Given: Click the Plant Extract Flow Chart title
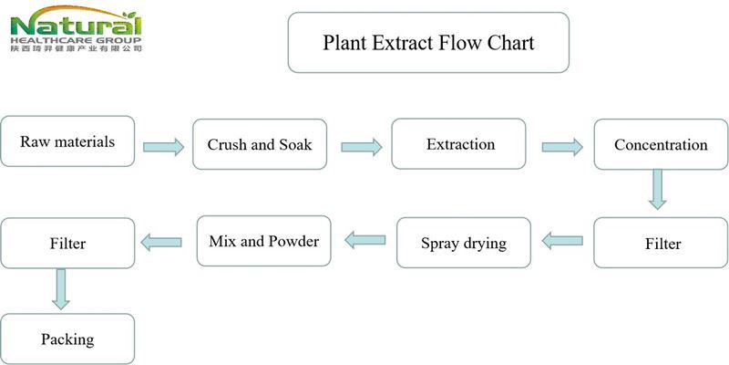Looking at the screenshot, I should pyautogui.click(x=427, y=42).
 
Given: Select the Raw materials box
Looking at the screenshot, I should pyautogui.click(x=67, y=141).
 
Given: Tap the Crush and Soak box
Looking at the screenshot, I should pyautogui.click(x=260, y=144).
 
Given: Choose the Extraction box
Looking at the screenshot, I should pyautogui.click(x=459, y=143).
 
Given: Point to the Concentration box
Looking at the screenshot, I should pyautogui.click(x=660, y=144).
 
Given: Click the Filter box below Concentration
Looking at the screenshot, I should pyautogui.click(x=660, y=243).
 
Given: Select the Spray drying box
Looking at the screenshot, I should pyautogui.click(x=463, y=243).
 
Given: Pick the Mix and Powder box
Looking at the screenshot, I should pyautogui.click(x=263, y=241).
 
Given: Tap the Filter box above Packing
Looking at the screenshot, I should pyautogui.click(x=67, y=244).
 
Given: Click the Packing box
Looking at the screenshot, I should pyautogui.click(x=67, y=339).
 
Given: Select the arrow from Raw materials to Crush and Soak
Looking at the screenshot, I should pyautogui.click(x=164, y=145).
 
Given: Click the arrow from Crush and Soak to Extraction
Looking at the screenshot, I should pyautogui.click(x=362, y=145).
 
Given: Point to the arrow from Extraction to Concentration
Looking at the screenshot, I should pyautogui.click(x=562, y=145).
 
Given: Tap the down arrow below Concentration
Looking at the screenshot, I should pyautogui.click(x=657, y=190).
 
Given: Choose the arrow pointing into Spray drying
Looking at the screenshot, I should pyautogui.click(x=562, y=241).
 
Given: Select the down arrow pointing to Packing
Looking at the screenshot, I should pyautogui.click(x=61, y=288).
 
